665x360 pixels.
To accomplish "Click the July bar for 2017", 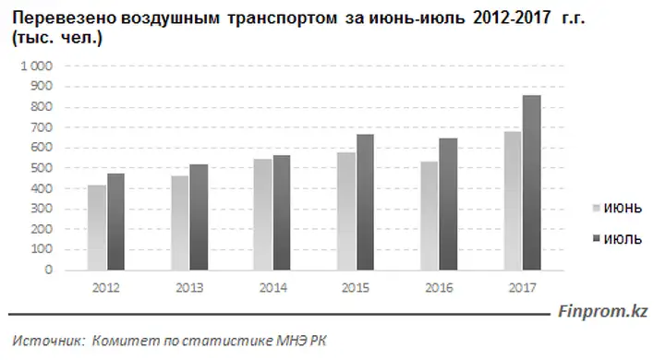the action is point(532,183).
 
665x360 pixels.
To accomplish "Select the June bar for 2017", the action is point(513,200).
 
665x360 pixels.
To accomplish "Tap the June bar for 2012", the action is point(97,228).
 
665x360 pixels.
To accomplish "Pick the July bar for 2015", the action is point(365,202).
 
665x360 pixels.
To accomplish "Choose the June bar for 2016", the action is point(429,216).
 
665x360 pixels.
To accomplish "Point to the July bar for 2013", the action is point(199,217).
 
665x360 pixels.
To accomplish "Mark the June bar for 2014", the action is point(263,214).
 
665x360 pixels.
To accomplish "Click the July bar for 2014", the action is point(282,212).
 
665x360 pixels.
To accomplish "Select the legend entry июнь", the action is point(617,209).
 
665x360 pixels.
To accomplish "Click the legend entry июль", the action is point(617,240).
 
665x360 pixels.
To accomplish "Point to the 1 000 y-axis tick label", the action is point(36,66).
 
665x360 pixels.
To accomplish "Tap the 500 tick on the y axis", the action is point(42,168).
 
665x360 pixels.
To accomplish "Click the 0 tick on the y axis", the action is point(49,270).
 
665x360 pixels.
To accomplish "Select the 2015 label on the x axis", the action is point(356,288).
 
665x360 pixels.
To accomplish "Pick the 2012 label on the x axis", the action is point(106,288).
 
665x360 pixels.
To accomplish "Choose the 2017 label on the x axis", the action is point(523,288).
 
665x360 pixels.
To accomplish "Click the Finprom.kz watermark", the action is point(602,312).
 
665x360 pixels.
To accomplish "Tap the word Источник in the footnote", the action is point(49,341).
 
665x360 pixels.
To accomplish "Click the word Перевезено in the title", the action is point(64,18).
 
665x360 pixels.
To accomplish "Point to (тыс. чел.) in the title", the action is point(57,38).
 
